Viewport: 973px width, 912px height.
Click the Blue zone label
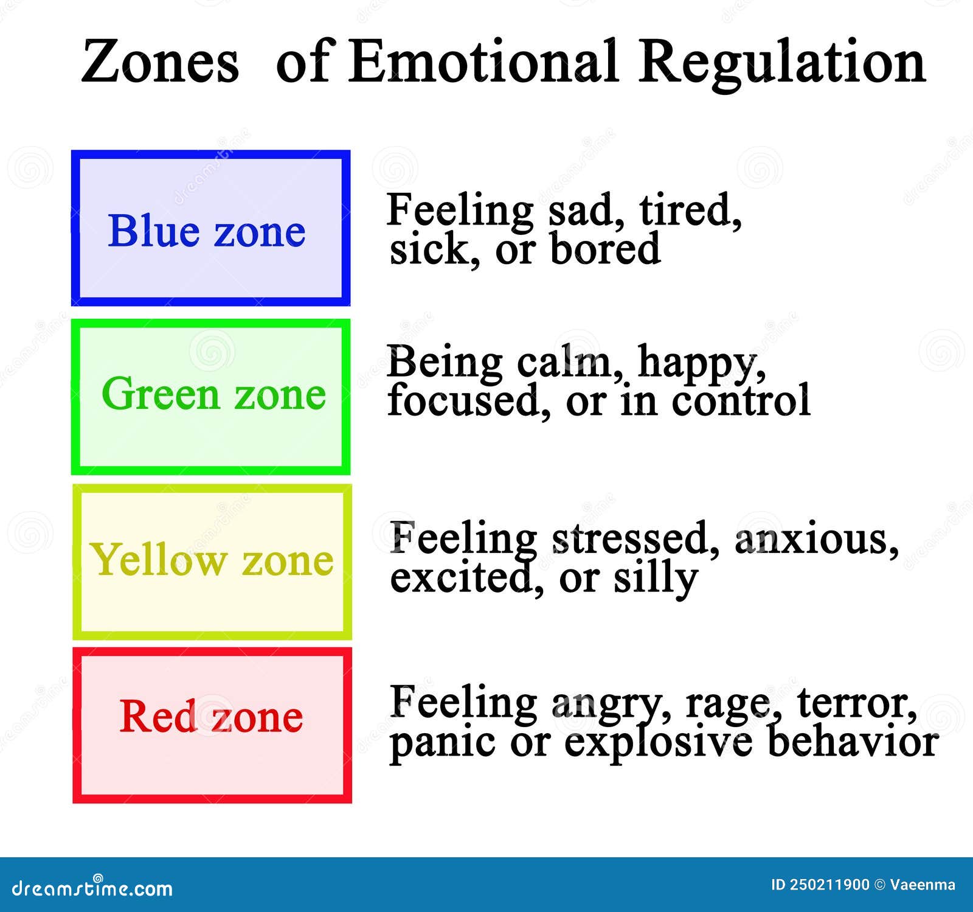pos(207,231)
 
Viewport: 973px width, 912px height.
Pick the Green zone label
pos(213,394)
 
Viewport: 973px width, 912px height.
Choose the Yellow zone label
pos(212,560)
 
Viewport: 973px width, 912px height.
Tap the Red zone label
pos(211,716)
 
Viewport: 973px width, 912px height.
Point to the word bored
pos(605,249)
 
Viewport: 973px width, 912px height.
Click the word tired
pos(690,211)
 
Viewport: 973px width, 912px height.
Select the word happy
pos(701,364)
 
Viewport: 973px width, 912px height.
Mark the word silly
pos(655,578)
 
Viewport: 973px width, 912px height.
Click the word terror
pos(856,702)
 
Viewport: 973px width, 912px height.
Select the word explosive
pos(658,742)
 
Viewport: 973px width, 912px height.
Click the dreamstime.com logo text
pos(92,888)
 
